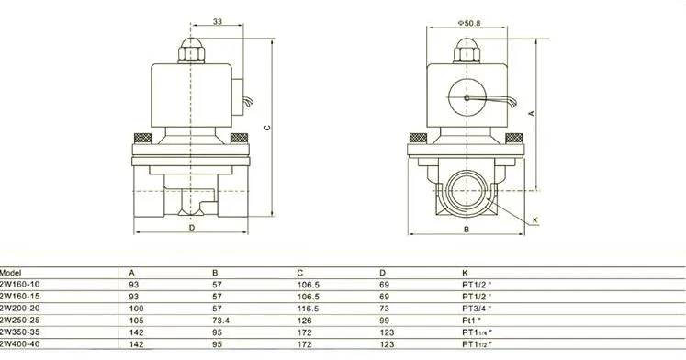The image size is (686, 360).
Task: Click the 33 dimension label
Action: (x=218, y=21)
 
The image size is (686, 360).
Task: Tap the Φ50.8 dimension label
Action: (x=469, y=23)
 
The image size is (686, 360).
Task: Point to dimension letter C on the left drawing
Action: (x=267, y=128)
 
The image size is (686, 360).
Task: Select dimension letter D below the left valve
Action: (x=192, y=228)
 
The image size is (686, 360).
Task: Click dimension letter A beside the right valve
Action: (x=532, y=113)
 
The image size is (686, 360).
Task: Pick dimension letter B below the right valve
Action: (x=467, y=230)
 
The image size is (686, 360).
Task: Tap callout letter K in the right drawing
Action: (x=535, y=220)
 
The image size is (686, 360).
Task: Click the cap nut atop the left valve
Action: (x=191, y=51)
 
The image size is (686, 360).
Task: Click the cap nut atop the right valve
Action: (x=467, y=51)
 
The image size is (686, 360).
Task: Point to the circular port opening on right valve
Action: (x=467, y=191)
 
